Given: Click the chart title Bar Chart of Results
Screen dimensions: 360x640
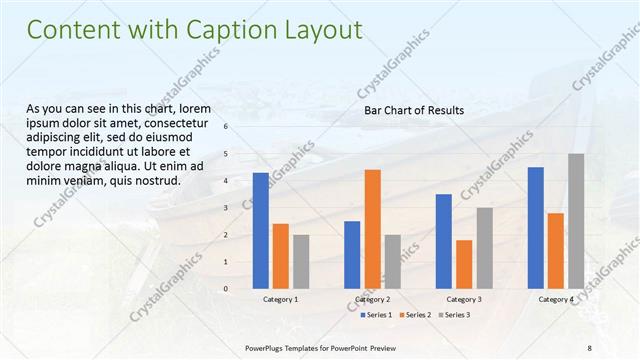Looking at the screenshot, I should tap(413, 110).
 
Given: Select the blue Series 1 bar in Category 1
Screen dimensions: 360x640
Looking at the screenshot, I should tap(261, 230).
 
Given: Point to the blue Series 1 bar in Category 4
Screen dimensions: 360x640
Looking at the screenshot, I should tap(535, 227).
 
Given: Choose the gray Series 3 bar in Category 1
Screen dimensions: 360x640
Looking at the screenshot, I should tap(301, 261).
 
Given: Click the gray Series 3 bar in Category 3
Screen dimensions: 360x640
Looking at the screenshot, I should tap(484, 247).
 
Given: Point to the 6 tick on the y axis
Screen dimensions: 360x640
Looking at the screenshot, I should tap(225, 127).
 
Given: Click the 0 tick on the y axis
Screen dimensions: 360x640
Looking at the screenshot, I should tap(225, 289).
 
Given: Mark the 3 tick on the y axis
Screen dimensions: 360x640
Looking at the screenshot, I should tap(225, 208).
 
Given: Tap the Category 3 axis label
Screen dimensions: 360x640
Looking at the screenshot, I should tap(464, 299).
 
